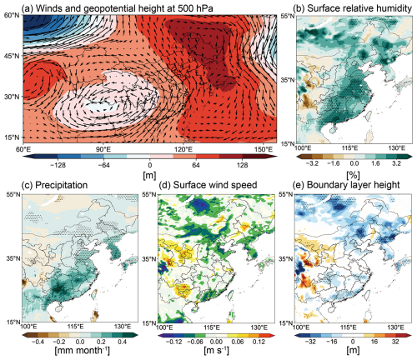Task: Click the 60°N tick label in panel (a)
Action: (x=12, y=15)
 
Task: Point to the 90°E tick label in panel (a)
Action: (x=103, y=149)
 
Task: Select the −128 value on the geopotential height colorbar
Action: (x=58, y=165)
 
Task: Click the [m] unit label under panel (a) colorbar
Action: (x=149, y=175)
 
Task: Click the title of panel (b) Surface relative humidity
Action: (x=353, y=8)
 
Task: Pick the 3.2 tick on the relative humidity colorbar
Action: (x=396, y=163)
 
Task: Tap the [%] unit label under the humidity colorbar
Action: (x=353, y=175)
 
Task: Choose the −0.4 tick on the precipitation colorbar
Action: (x=38, y=342)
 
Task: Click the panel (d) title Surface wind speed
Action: (x=215, y=185)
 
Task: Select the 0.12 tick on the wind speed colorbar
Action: (x=259, y=342)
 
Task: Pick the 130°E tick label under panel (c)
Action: (x=123, y=327)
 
